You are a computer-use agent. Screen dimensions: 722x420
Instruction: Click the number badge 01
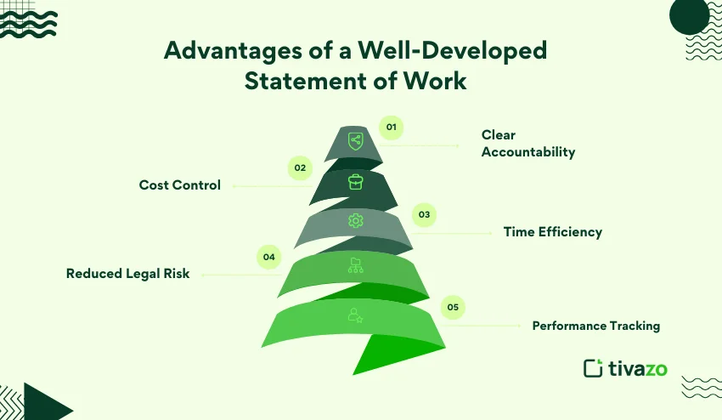pyautogui.click(x=392, y=128)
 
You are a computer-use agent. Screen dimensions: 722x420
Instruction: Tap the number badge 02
pyautogui.click(x=300, y=167)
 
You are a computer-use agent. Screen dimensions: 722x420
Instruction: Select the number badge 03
pyautogui.click(x=424, y=214)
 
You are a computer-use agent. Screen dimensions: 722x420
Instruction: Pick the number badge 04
pyautogui.click(x=269, y=257)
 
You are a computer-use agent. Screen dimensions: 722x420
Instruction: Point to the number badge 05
pyautogui.click(x=453, y=307)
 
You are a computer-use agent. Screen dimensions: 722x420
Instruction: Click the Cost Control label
pyautogui.click(x=180, y=184)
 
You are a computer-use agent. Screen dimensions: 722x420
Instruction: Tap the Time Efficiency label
pyautogui.click(x=553, y=232)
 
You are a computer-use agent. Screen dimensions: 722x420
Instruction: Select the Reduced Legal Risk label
pyautogui.click(x=128, y=274)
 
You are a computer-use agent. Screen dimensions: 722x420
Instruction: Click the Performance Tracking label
pyautogui.click(x=596, y=326)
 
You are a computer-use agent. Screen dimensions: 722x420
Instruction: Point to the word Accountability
pyautogui.click(x=528, y=152)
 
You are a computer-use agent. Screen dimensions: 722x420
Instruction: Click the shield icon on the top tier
pyautogui.click(x=355, y=141)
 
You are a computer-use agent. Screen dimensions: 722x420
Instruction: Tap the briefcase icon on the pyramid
pyautogui.click(x=355, y=182)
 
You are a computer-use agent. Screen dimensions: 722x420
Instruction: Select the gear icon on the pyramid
pyautogui.click(x=355, y=221)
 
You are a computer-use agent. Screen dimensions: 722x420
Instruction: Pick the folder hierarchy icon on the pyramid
pyautogui.click(x=355, y=265)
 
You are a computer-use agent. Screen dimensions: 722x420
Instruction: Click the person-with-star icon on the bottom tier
pyautogui.click(x=355, y=315)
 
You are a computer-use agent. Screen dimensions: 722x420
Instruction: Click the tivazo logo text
pyautogui.click(x=638, y=368)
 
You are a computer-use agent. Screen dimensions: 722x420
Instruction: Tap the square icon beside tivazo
pyautogui.click(x=593, y=368)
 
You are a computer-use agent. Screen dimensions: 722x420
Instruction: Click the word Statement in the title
pyautogui.click(x=305, y=81)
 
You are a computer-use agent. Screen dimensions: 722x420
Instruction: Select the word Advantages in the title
pyautogui.click(x=234, y=51)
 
